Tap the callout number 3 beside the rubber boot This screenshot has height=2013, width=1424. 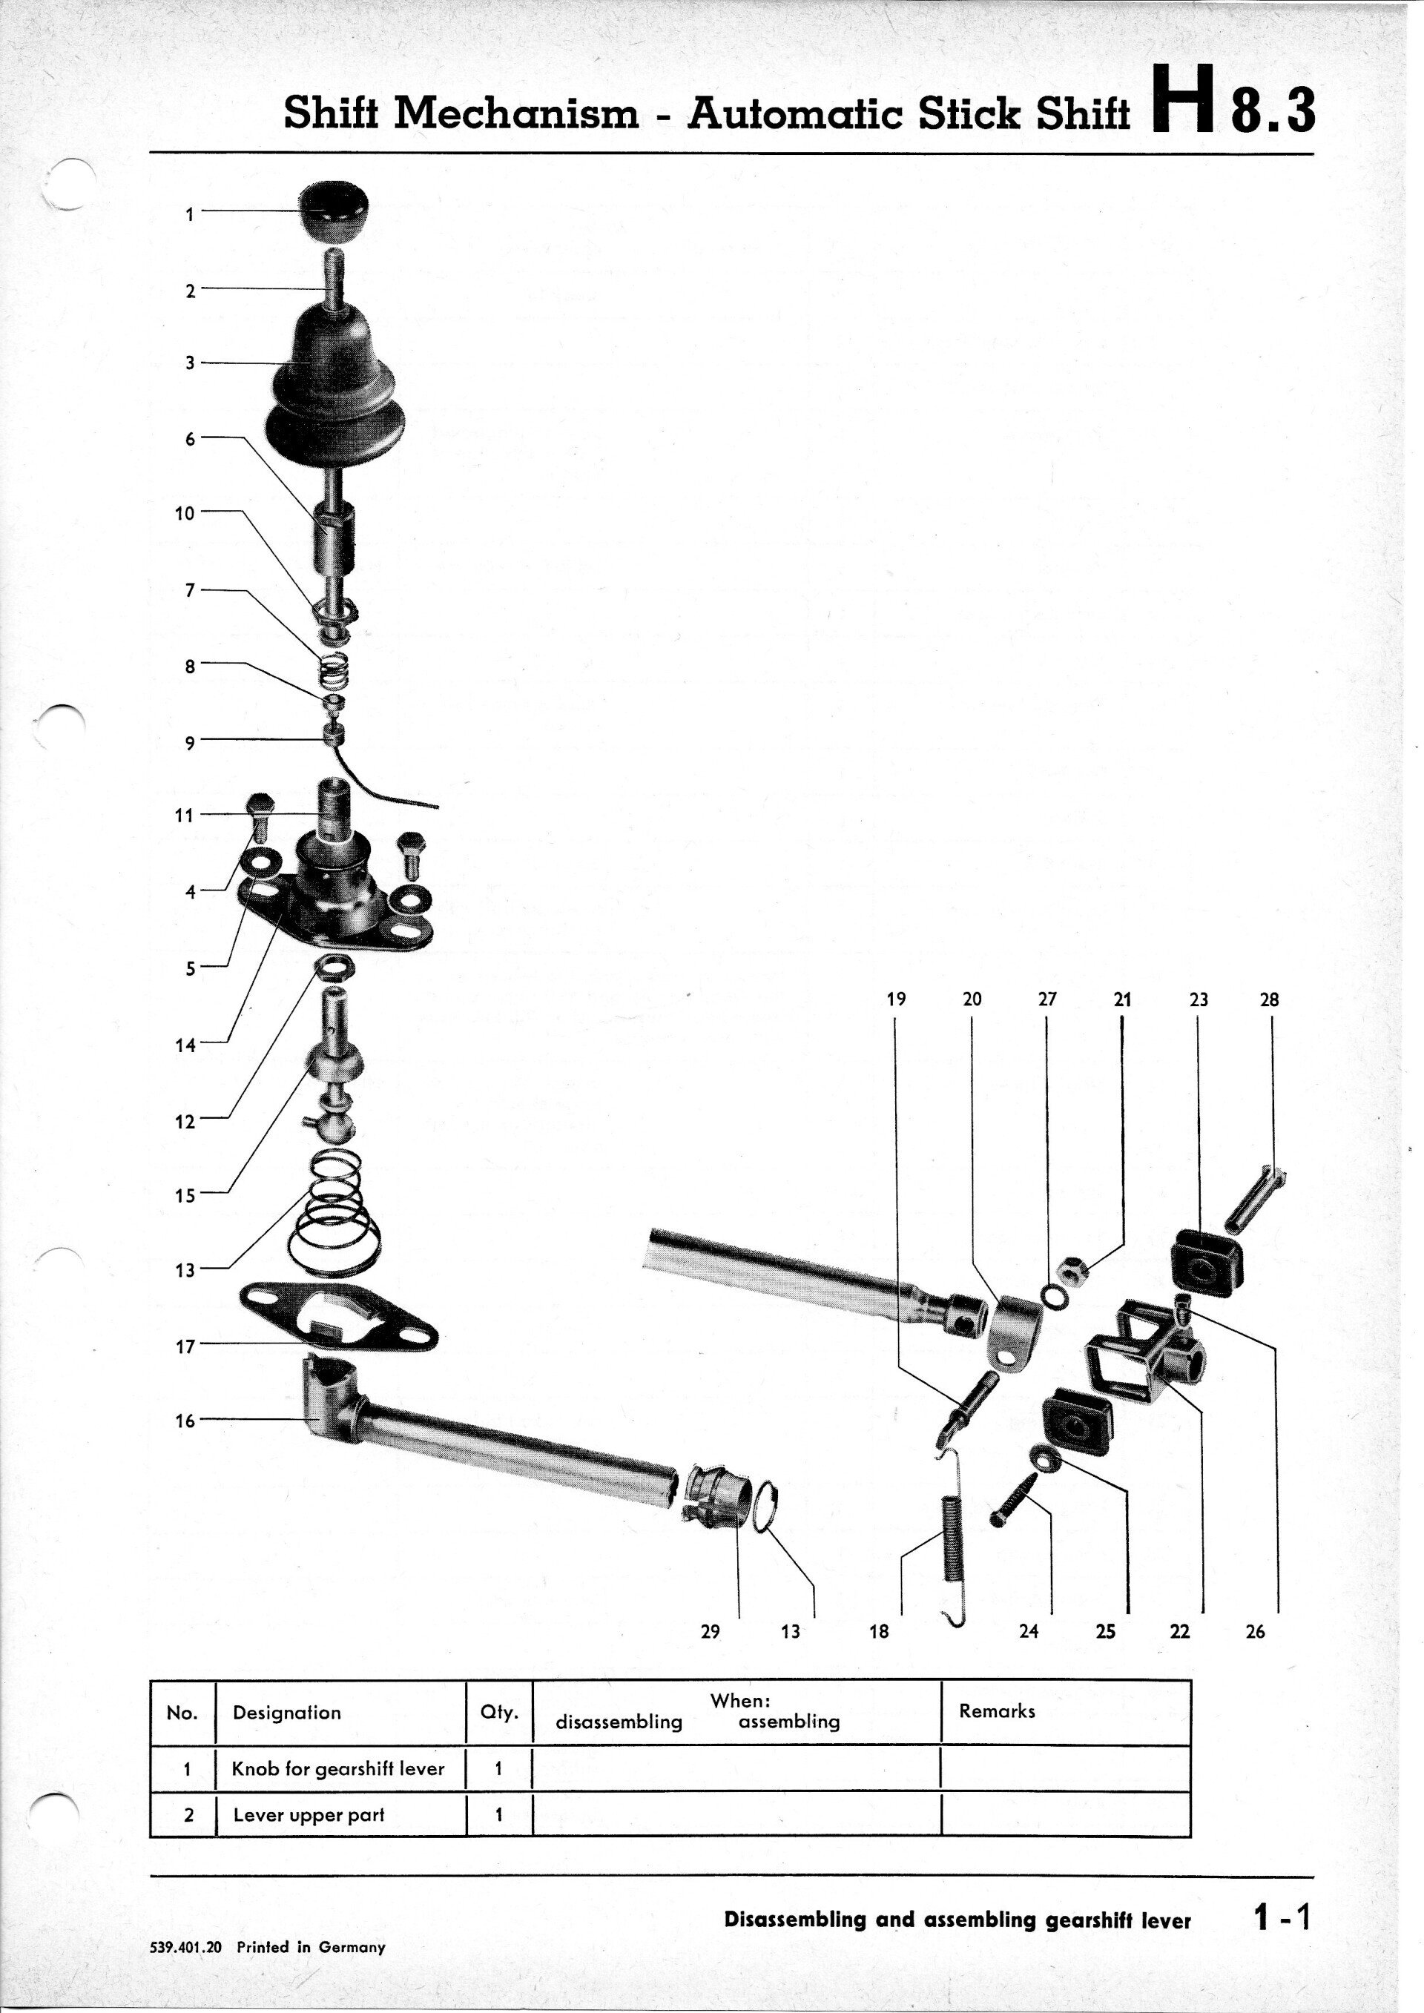pos(189,362)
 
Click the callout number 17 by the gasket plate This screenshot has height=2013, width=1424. pos(185,1346)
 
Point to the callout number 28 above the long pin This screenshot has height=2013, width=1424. pos(1269,999)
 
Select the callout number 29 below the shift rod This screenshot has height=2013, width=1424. pos(711,1632)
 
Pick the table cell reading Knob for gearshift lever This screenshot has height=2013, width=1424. pos(338,1769)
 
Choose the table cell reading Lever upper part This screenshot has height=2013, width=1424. pos(309,1815)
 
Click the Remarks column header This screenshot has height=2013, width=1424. pos(997,1710)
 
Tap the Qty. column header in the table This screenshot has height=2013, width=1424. pos(499,1712)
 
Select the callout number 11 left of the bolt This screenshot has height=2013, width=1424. pos(183,816)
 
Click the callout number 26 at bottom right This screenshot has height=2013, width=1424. pos(1255,1632)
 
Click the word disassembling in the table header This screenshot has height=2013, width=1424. pos(619,1721)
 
